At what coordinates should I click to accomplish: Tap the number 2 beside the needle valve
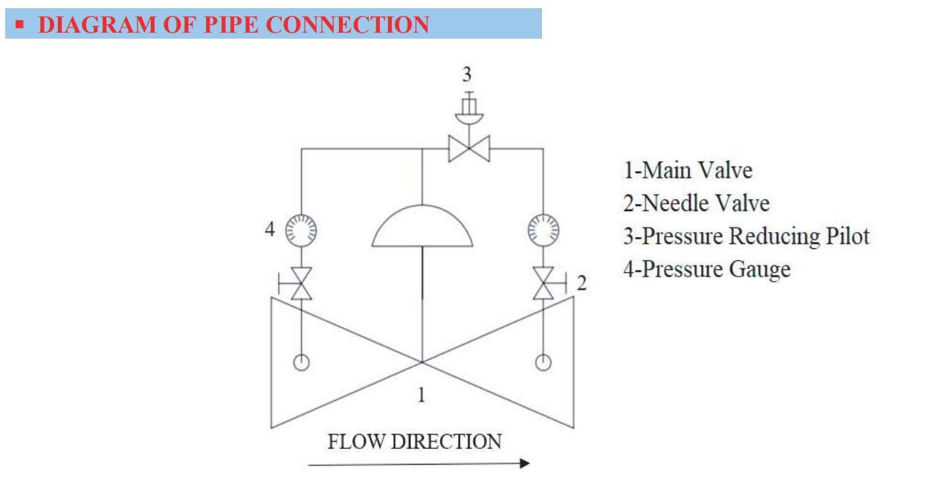click(582, 284)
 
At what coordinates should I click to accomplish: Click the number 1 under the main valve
click(422, 394)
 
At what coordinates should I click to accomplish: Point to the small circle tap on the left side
click(302, 362)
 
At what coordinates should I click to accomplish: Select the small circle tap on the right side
click(544, 362)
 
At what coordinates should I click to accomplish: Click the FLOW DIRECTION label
click(414, 442)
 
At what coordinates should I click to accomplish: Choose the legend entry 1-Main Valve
click(687, 171)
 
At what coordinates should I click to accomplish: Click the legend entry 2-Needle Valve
click(695, 204)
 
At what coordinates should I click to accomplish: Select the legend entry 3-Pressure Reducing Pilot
click(745, 236)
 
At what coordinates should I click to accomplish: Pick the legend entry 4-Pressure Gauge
click(706, 269)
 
